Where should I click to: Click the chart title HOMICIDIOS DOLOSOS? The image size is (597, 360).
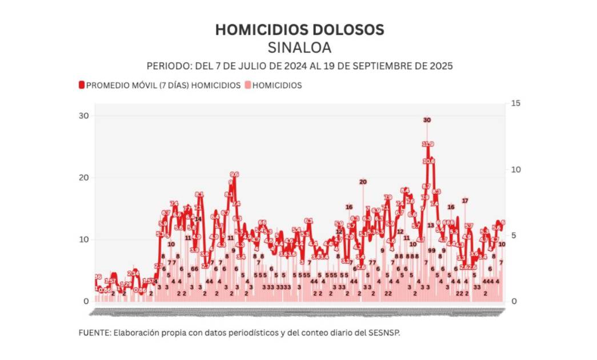pos(299,30)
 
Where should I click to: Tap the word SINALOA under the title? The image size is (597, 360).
pos(299,47)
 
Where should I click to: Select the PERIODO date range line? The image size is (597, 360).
pos(299,66)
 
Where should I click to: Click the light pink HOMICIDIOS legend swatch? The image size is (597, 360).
pos(247,85)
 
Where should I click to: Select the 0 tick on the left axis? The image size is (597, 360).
pos(86,301)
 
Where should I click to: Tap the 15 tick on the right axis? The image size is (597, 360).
pos(516,103)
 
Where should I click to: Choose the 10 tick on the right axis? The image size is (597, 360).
pos(516,170)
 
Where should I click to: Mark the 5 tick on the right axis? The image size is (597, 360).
pos(514,235)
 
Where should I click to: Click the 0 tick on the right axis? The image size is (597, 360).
pos(514,301)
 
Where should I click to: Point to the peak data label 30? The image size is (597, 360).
pos(427,120)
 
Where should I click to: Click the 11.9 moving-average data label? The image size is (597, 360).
pos(428,144)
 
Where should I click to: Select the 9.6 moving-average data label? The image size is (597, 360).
pos(234,174)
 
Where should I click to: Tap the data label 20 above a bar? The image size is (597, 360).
pos(363,182)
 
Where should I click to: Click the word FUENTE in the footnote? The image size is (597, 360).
pos(94,333)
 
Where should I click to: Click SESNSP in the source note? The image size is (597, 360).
pos(383,333)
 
